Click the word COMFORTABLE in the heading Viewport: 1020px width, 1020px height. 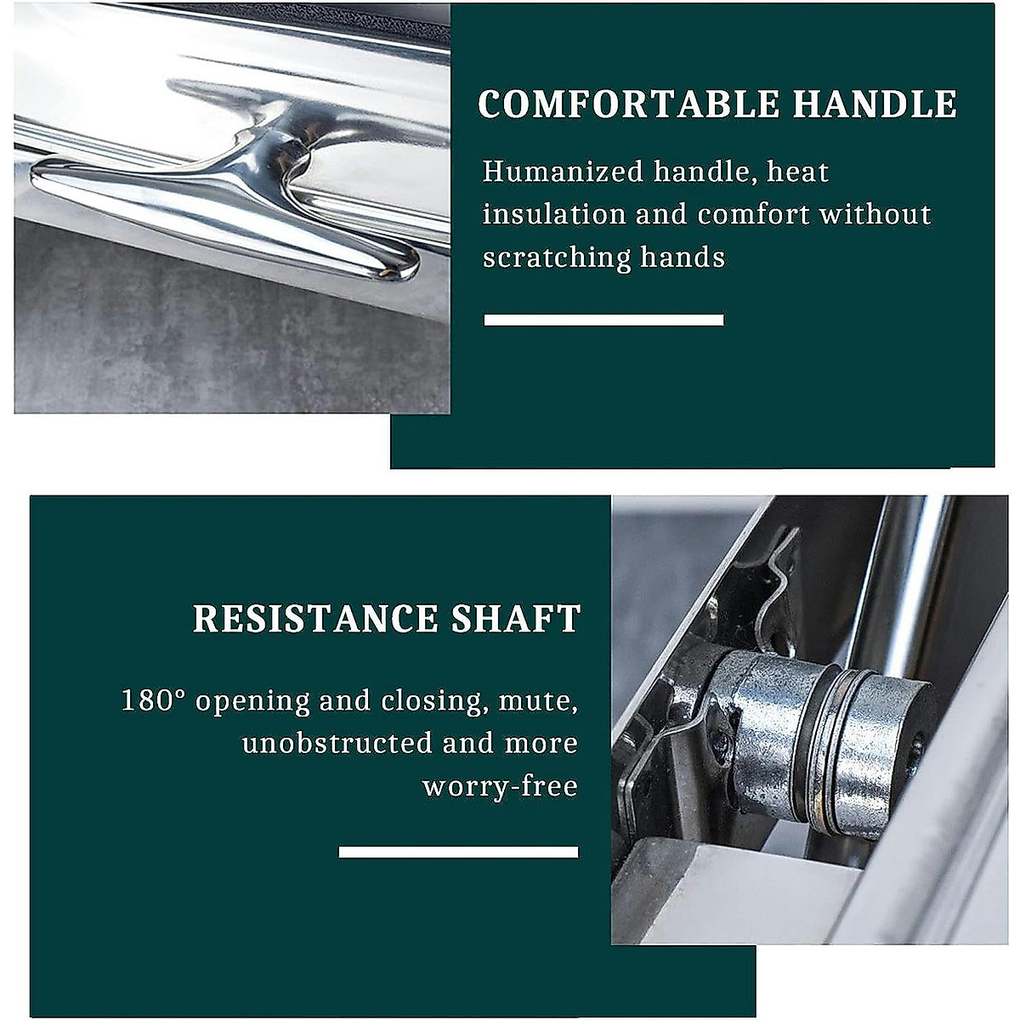point(629,105)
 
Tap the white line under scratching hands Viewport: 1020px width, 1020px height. point(603,320)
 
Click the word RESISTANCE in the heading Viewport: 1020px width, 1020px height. point(315,619)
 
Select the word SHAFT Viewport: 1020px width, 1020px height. point(516,619)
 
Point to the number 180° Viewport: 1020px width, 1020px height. point(153,700)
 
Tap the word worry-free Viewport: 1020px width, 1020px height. point(500,786)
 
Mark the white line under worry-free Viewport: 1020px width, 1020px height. point(458,852)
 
